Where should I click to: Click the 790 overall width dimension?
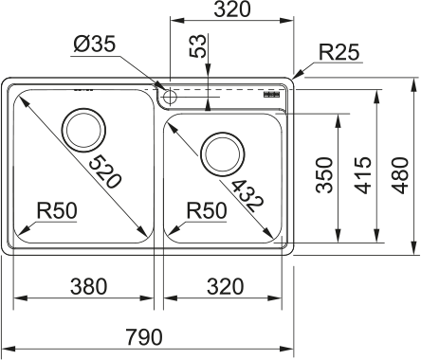pyautogui.click(x=144, y=337)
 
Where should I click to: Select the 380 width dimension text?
pyautogui.click(x=89, y=286)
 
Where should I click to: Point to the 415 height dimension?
pyautogui.click(x=362, y=175)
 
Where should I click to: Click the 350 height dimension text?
pyautogui.click(x=324, y=175)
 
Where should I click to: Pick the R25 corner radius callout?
pyautogui.click(x=339, y=52)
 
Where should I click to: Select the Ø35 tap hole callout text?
pyautogui.click(x=95, y=44)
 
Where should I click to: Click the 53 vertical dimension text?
pyautogui.click(x=197, y=46)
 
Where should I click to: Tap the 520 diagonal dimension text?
pyautogui.click(x=105, y=172)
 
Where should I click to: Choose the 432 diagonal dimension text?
pyautogui.click(x=247, y=196)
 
